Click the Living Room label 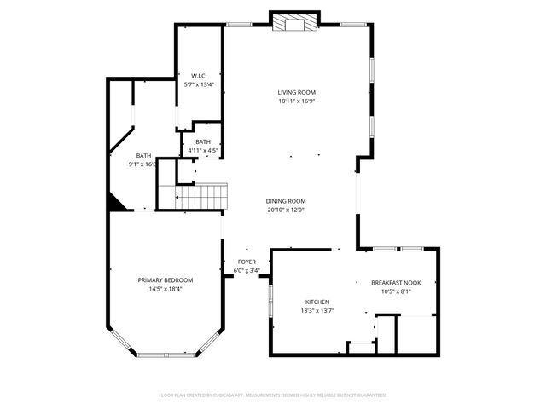click(296, 92)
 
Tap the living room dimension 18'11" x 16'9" click(296, 101)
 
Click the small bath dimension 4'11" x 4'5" click(203, 151)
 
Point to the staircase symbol click(204, 197)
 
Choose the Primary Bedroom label click(166, 279)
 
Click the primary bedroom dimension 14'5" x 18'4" click(166, 288)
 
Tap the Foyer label click(247, 262)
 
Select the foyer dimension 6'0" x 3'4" click(247, 271)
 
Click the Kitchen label click(317, 302)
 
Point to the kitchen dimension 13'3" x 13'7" click(317, 311)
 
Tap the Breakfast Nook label click(396, 282)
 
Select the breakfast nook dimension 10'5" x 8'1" click(396, 291)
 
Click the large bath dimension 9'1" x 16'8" click(142, 164)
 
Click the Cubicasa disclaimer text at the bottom click(273, 395)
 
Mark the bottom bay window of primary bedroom click(166, 354)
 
